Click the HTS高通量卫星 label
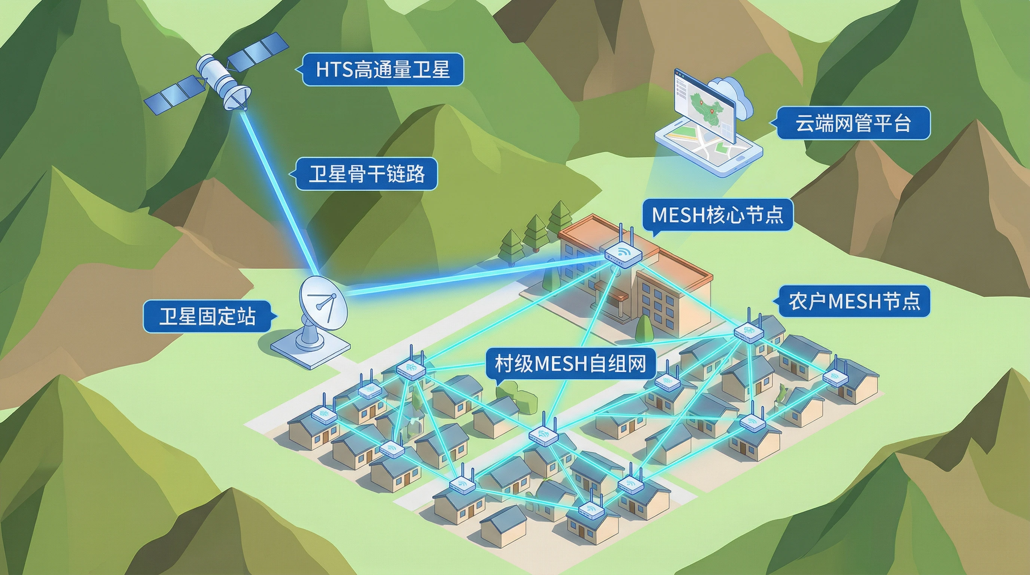pos(383,70)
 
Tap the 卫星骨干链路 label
pos(366,174)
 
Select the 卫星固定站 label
pos(207,316)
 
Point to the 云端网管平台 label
pos(853,123)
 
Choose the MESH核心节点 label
pos(717,215)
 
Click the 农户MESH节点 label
pos(854,301)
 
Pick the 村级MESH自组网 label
pos(570,364)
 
